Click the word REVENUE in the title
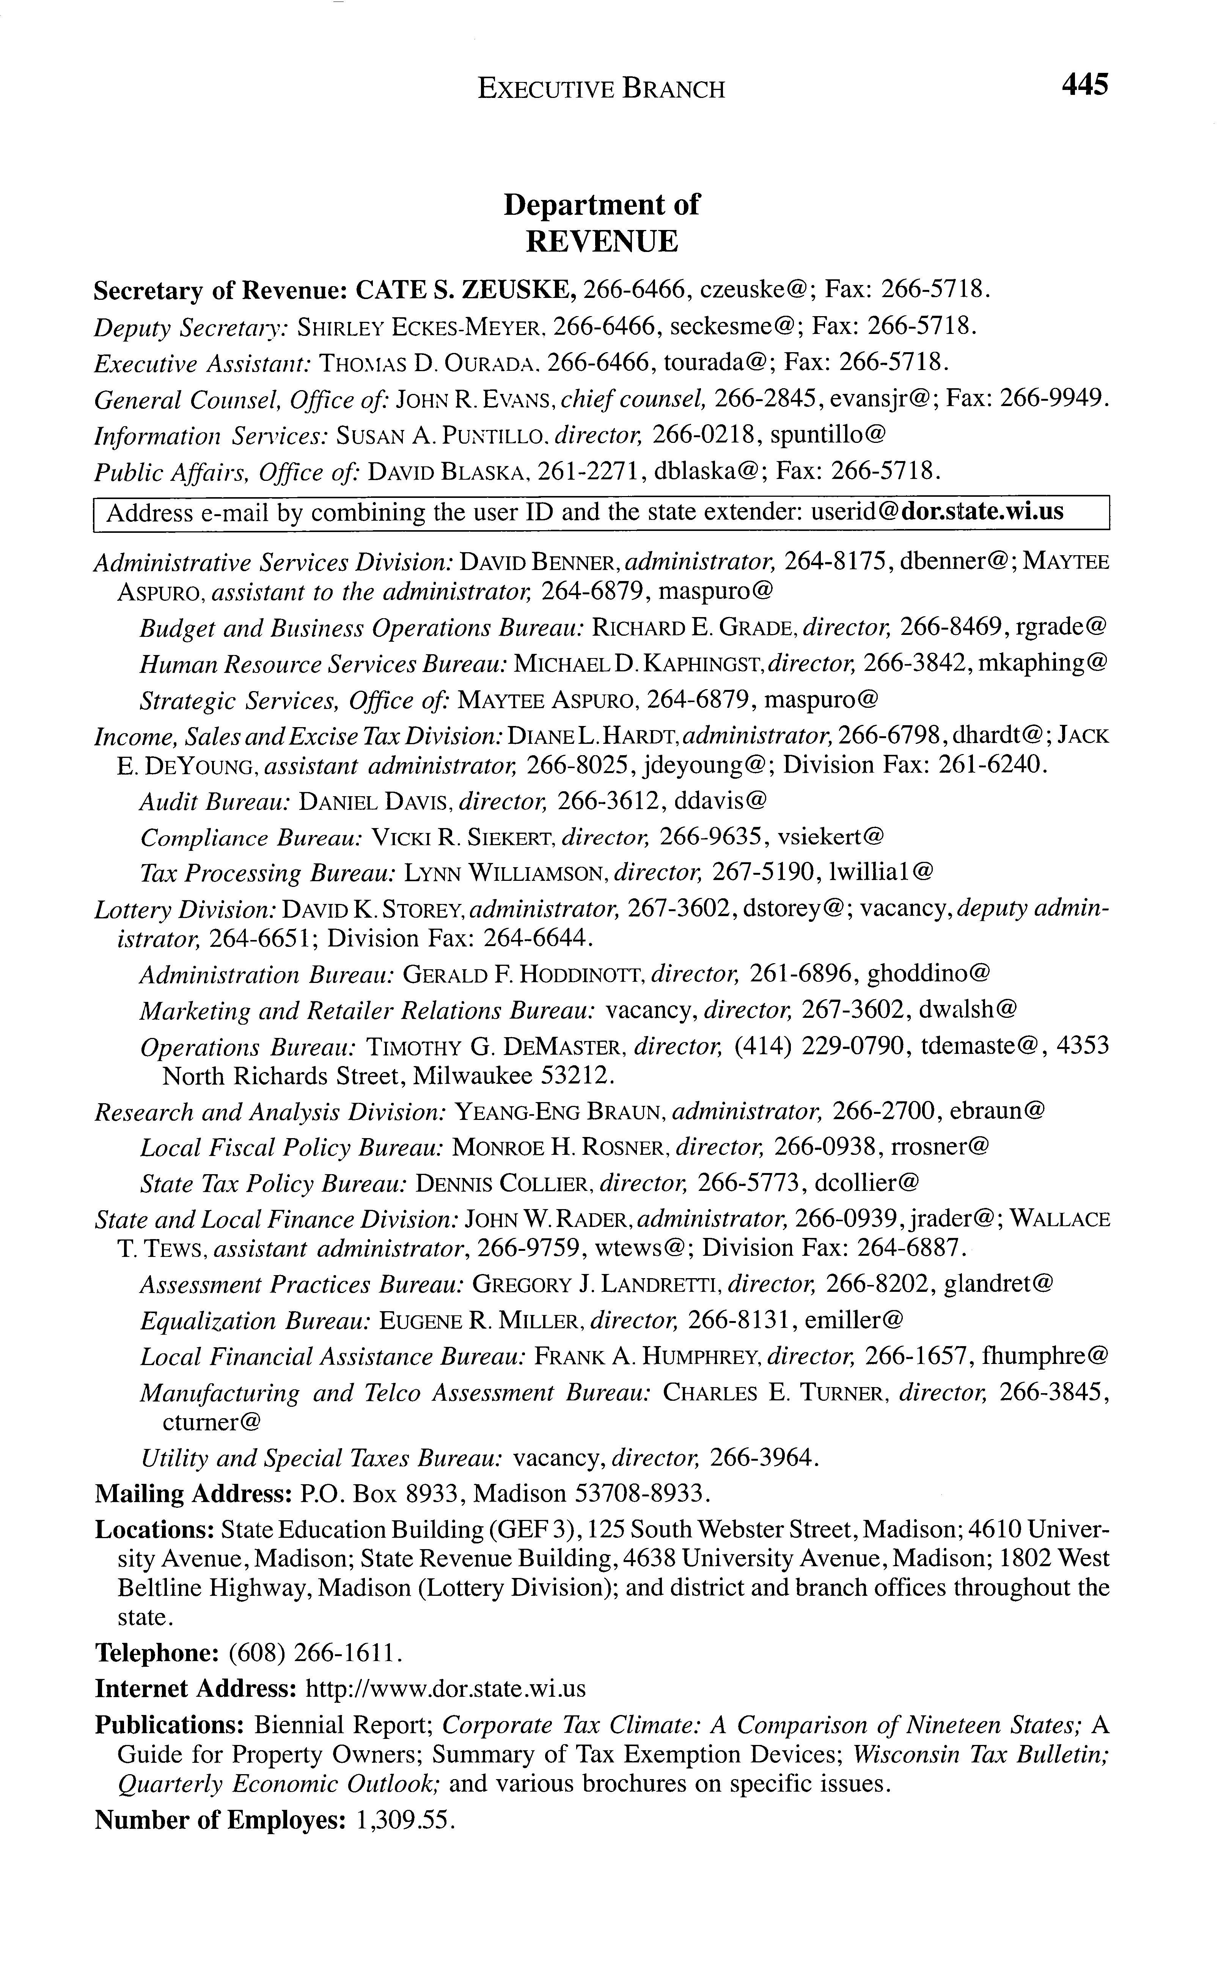coord(601,241)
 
